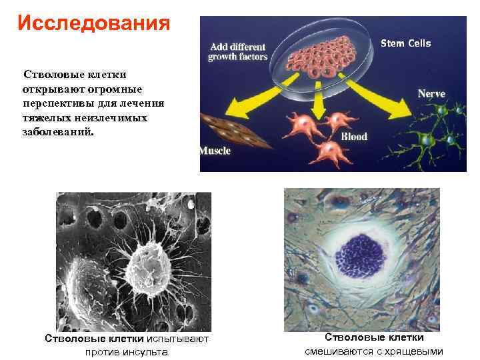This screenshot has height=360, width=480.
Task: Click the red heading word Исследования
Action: pos(94,23)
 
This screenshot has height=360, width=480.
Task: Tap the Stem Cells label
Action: pos(405,43)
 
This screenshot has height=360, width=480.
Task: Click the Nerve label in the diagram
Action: pos(431,94)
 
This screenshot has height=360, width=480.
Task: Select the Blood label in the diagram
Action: pos(354,137)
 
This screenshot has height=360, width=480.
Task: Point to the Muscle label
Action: pos(215,151)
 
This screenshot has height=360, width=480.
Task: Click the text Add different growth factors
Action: pos(239,52)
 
